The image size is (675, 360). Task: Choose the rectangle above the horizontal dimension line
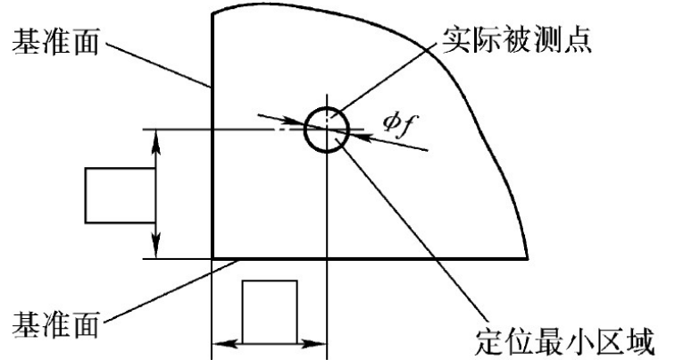(x=271, y=309)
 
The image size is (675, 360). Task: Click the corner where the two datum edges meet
(x=212, y=258)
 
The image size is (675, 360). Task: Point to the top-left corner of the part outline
(x=212, y=12)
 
